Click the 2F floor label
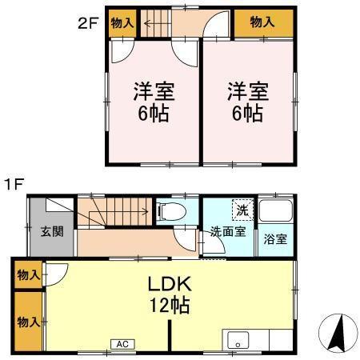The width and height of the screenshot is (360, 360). pyautogui.click(x=87, y=22)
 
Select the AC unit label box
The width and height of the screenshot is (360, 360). pyautogui.click(x=122, y=344)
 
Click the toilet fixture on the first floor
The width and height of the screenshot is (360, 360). pyautogui.click(x=173, y=211)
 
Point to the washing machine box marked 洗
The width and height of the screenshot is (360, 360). pyautogui.click(x=241, y=210)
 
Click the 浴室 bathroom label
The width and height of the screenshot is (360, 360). pyautogui.click(x=274, y=238)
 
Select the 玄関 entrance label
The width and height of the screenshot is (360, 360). pyautogui.click(x=53, y=233)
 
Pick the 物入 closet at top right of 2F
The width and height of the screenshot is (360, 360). pyautogui.click(x=262, y=22)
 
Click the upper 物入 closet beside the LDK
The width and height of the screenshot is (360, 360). pyautogui.click(x=28, y=275)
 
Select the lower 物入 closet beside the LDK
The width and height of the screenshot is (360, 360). pyautogui.click(x=28, y=322)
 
